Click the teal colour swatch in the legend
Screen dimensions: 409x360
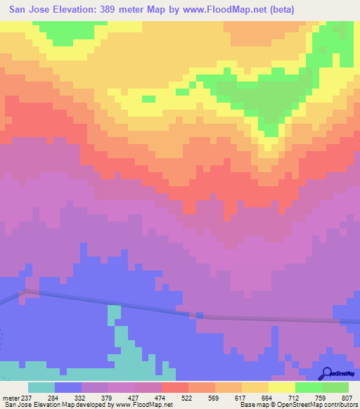point(41,387)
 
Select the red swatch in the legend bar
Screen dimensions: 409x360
point(174,387)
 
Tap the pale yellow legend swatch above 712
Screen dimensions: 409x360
point(281,387)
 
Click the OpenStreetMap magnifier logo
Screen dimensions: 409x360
point(326,373)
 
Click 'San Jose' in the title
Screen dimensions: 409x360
point(30,10)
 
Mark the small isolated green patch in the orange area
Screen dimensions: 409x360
point(181,91)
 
